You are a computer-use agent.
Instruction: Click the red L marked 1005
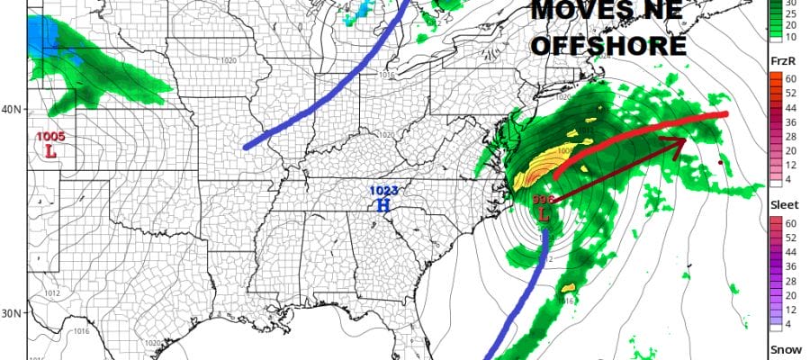pos(50,151)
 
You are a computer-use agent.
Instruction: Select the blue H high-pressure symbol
pos(383,204)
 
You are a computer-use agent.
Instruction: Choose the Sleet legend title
pos(782,204)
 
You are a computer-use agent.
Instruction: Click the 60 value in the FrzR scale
pos(780,77)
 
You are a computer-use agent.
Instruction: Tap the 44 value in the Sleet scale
pos(780,252)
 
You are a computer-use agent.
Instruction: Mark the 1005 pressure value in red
pos(50,137)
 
